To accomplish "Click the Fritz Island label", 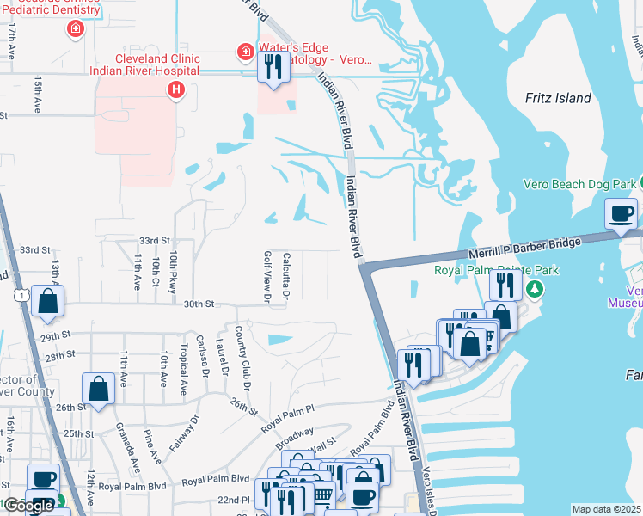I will point(558,98).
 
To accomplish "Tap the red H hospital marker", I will point(176,89).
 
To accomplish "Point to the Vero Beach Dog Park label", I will point(580,184).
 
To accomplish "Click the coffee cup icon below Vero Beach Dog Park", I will point(622,214).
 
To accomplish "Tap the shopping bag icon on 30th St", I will point(48,301).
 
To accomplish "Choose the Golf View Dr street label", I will point(267,277).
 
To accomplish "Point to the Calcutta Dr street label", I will point(286,275).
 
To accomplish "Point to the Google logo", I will point(28,506).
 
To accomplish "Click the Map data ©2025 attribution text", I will point(606,509).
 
